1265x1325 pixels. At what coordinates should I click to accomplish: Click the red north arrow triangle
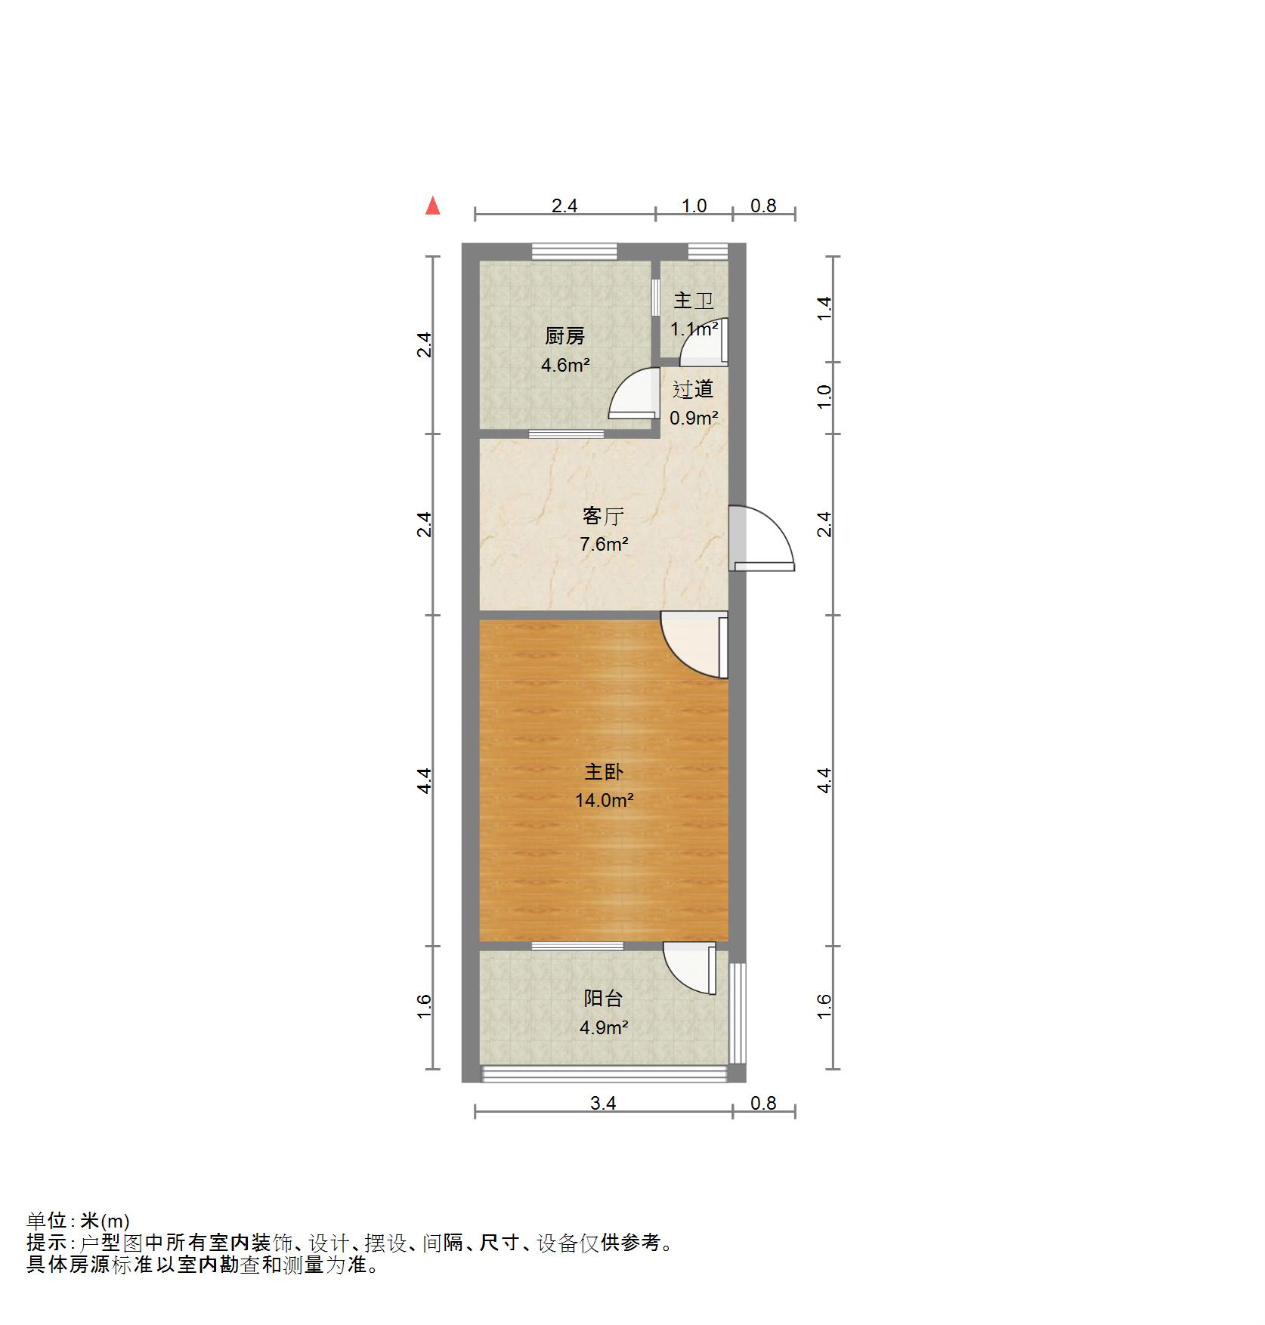(x=433, y=206)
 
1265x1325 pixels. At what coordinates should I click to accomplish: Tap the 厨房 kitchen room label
(x=564, y=336)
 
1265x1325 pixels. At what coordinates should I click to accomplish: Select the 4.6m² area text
(x=564, y=366)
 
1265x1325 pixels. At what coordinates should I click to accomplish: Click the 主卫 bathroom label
(x=693, y=301)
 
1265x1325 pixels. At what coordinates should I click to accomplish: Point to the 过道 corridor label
(x=693, y=389)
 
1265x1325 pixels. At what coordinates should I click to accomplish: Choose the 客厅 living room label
(x=603, y=516)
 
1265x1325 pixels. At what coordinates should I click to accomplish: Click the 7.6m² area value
(x=603, y=544)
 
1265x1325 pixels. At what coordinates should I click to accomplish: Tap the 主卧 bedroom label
(x=603, y=771)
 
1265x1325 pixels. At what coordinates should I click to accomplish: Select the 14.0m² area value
(x=603, y=800)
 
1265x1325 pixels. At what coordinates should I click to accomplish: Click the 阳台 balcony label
(x=603, y=999)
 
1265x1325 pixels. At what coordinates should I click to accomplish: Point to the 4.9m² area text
(x=603, y=1027)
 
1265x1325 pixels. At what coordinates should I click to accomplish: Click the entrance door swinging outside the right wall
(x=763, y=538)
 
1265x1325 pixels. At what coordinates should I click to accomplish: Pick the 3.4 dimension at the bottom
(x=603, y=1104)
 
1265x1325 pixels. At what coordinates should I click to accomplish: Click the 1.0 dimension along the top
(x=694, y=206)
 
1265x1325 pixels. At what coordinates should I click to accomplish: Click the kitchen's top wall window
(x=574, y=252)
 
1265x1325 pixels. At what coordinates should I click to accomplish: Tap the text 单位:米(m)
(x=79, y=1242)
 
